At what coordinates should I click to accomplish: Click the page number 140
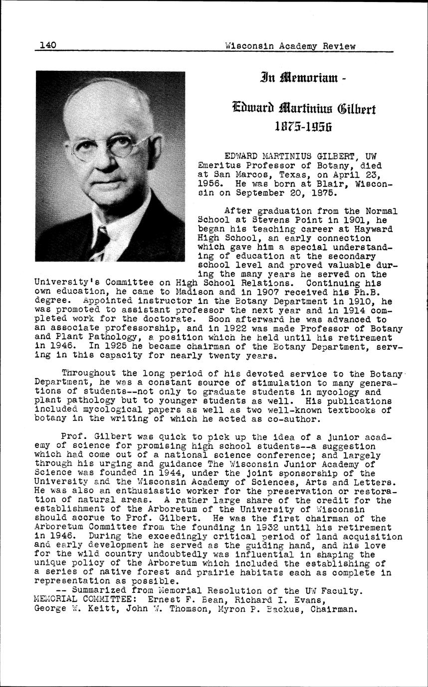48,46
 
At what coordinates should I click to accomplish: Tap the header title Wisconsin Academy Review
290,46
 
